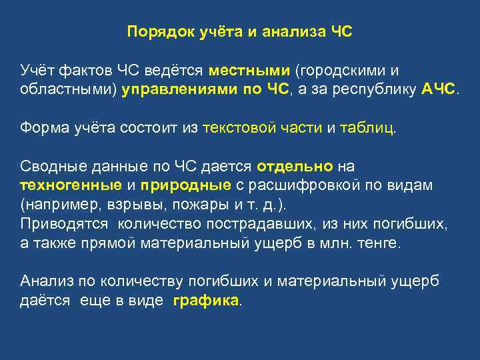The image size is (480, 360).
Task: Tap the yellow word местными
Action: [249, 70]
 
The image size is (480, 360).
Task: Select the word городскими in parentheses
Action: [344, 70]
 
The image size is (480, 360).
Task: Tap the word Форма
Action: [42, 127]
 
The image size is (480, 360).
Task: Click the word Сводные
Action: [49, 165]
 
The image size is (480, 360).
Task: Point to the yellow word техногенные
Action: [71, 185]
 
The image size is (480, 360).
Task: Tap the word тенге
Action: [379, 243]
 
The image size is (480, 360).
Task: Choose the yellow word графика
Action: [206, 300]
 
